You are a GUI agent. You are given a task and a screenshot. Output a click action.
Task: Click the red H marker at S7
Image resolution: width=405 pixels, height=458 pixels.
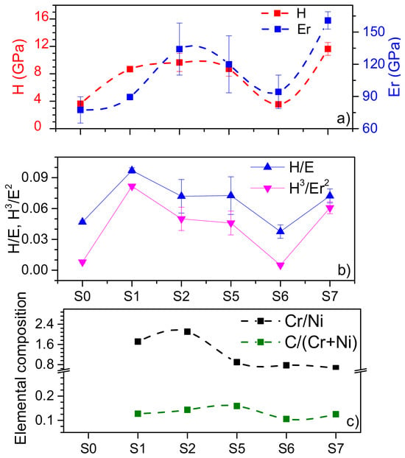[x=328, y=49]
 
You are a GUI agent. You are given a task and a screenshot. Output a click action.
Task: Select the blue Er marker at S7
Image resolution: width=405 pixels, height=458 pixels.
[x=328, y=21]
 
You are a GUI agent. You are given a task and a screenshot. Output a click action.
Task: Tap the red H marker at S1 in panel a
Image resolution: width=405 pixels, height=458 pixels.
[x=130, y=69]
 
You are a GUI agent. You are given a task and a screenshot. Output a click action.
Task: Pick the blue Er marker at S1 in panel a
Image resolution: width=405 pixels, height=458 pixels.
[x=130, y=97]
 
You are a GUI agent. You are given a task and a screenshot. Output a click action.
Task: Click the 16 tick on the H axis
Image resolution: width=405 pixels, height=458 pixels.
[x=41, y=18]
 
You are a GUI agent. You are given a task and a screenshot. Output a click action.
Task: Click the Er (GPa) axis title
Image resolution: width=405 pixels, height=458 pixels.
[x=395, y=66]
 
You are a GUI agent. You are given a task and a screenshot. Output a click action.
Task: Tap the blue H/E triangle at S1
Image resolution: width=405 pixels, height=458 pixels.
[x=132, y=170]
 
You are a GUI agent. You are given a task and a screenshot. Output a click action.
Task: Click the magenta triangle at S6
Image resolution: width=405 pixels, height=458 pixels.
[x=281, y=266]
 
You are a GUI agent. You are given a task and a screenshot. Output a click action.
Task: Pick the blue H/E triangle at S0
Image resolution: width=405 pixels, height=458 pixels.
[x=82, y=222]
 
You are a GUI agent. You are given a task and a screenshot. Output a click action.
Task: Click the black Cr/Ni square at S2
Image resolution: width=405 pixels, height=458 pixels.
[x=187, y=331]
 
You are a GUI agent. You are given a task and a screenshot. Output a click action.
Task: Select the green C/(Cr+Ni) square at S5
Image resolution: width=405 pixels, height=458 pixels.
[x=237, y=406]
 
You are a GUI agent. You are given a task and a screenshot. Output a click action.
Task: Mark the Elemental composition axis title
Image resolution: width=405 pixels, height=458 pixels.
[x=21, y=369]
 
